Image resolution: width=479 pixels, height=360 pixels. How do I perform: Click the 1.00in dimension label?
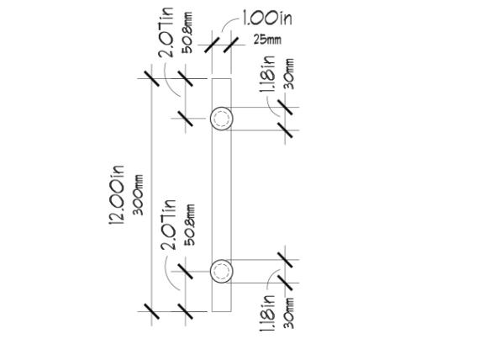click(267, 18)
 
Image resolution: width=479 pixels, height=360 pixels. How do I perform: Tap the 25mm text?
click(267, 40)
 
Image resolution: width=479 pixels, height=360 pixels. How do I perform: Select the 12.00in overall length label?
click(117, 195)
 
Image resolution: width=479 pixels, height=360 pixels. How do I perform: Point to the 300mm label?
click(138, 195)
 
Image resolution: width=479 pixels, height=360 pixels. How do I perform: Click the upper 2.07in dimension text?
click(166, 32)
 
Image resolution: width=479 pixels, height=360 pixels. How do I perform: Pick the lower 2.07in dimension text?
click(168, 225)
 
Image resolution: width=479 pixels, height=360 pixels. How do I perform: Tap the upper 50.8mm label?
click(187, 33)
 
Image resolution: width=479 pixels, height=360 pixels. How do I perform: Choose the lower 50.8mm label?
click(189, 225)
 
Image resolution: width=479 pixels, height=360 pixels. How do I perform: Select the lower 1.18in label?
click(267, 313)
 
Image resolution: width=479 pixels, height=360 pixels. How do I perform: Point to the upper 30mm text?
click(289, 74)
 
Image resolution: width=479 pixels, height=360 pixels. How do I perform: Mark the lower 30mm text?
click(289, 313)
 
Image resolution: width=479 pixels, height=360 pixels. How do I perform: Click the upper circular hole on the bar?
click(222, 119)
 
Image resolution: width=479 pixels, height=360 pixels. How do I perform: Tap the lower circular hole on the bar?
click(222, 272)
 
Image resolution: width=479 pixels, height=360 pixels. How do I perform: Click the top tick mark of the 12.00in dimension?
click(151, 78)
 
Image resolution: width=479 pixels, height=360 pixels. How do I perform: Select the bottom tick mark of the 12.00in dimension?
click(151, 311)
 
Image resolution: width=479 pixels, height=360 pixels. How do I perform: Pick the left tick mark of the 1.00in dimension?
click(212, 45)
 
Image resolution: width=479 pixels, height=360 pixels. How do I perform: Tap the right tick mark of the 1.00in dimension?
click(231, 45)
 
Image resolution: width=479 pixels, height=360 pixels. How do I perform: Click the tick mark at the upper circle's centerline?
click(185, 119)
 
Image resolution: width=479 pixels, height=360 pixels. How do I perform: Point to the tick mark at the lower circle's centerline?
click(185, 272)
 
